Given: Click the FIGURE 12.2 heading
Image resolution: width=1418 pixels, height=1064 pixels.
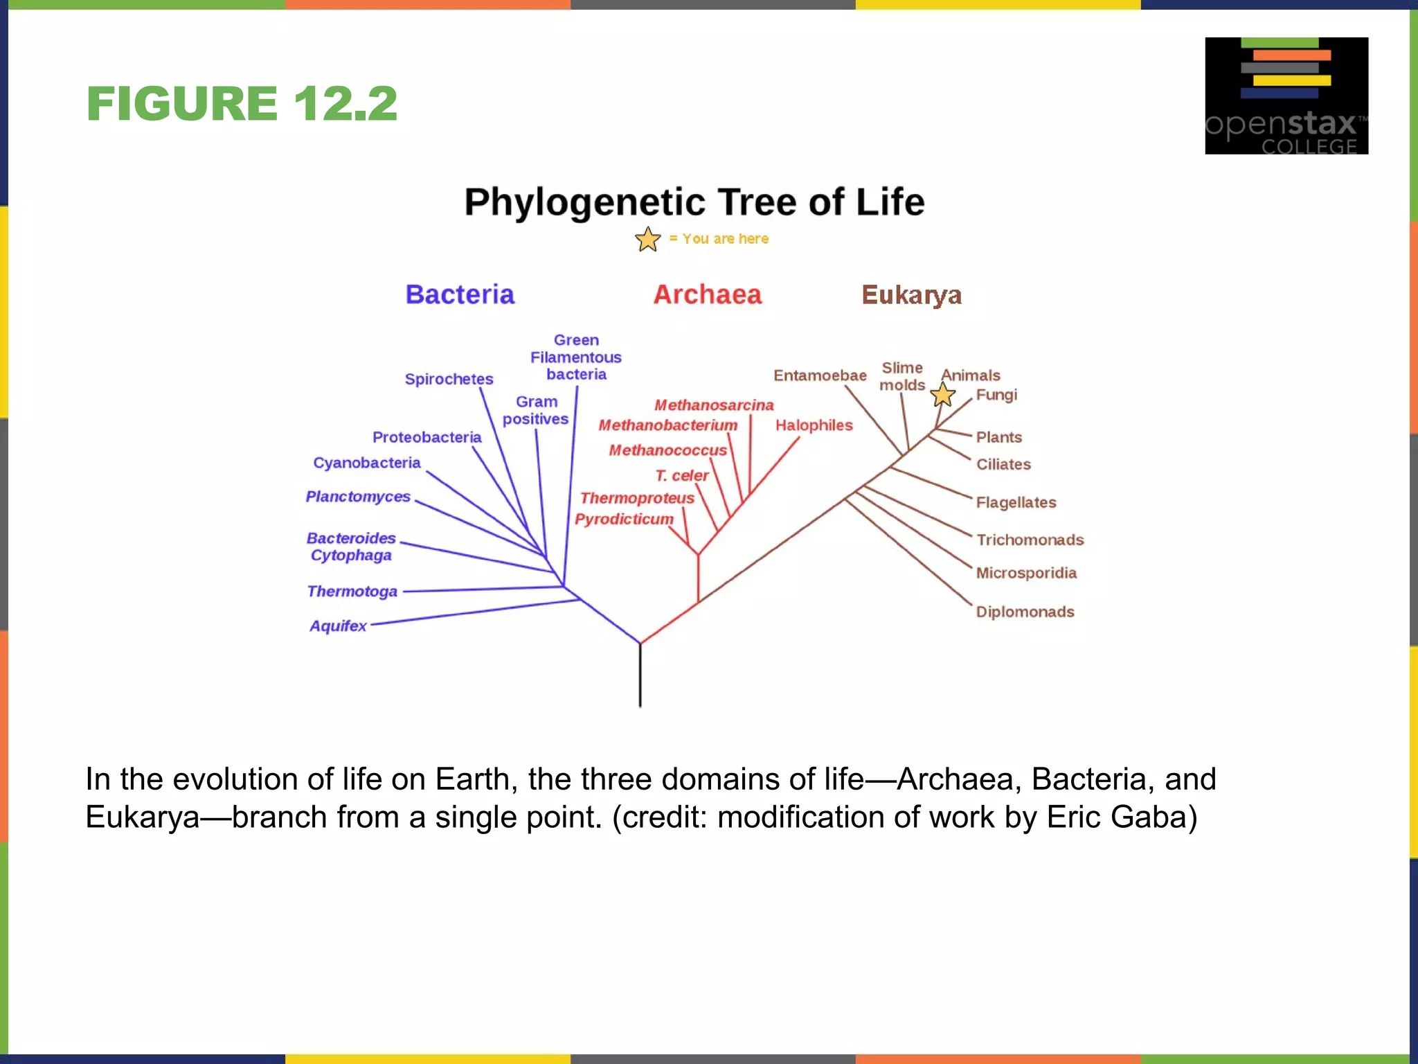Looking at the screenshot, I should coord(242,104).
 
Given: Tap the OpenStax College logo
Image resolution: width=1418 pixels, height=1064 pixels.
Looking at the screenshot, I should coord(1286,96).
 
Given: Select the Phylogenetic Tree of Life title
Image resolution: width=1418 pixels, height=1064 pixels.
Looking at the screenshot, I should coord(694,202).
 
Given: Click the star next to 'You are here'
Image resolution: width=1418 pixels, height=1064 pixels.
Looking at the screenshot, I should coord(647,240).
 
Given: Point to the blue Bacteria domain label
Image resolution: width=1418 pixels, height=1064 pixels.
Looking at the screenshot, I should coord(460,295).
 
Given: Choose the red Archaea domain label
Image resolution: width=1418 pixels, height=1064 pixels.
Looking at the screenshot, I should coord(707,295).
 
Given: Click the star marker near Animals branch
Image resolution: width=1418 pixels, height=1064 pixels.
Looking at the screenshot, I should coord(942,396).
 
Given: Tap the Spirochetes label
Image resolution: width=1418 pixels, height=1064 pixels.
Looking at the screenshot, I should coord(449,379).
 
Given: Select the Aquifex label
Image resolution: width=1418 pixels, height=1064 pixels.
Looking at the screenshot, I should coord(338,626).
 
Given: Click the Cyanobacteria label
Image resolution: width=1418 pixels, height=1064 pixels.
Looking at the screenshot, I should coord(366,463).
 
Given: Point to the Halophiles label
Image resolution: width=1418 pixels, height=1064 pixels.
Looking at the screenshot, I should coord(814,425).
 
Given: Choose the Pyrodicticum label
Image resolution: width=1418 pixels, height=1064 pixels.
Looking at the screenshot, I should coord(624,520).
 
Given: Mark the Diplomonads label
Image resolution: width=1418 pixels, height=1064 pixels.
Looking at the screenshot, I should coord(1025,612).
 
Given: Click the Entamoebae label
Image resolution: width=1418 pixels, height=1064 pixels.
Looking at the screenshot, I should coord(820,375).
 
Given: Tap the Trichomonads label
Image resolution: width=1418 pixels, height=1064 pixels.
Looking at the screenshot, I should coord(1030,540).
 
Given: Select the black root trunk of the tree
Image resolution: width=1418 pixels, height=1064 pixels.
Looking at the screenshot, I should coord(640,675).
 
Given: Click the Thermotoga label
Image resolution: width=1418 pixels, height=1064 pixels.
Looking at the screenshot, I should coord(352,592).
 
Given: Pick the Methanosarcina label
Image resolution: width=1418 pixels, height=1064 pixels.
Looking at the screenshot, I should coord(714,405).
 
